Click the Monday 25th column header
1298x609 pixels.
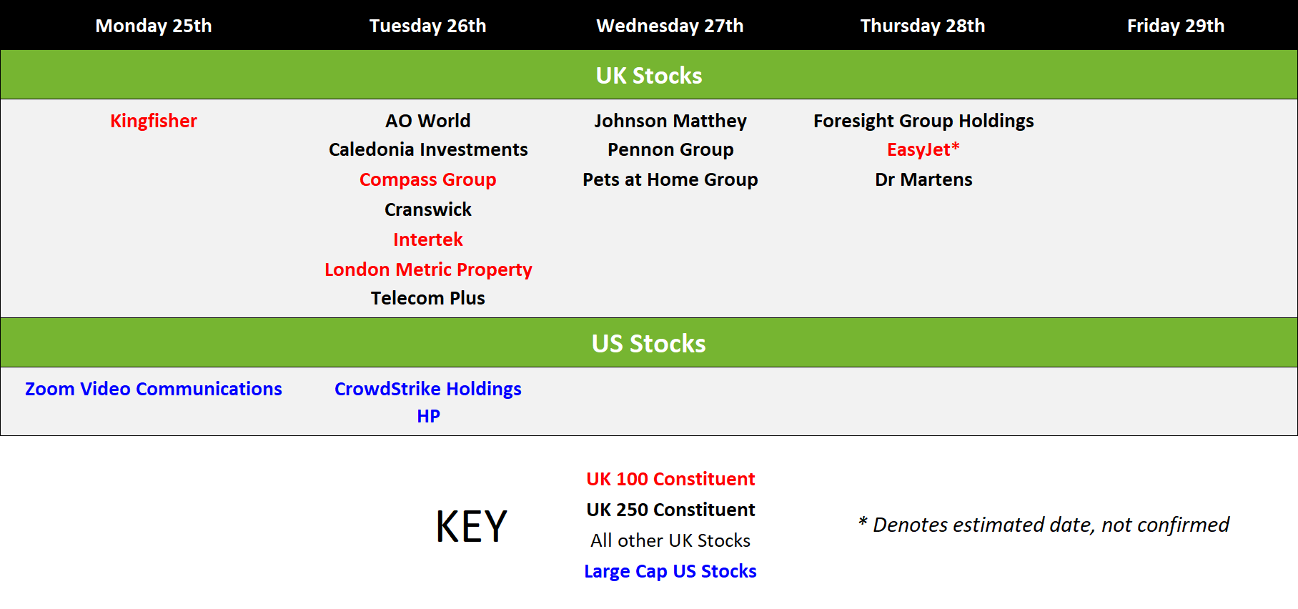pos(154,26)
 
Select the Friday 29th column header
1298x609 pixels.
pos(1176,26)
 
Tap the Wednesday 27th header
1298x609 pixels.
pos(670,26)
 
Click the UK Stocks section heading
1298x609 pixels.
pos(649,75)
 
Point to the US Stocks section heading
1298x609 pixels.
pos(649,343)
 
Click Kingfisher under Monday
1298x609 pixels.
pos(154,121)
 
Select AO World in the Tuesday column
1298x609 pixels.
pos(428,121)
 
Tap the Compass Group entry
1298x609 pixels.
pos(428,179)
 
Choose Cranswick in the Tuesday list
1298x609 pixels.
pos(428,209)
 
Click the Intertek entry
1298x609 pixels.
pos(428,239)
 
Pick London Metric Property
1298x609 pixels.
pos(428,269)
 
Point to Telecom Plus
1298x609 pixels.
pos(428,298)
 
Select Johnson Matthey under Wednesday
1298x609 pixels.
pos(670,121)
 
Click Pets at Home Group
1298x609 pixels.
pos(670,179)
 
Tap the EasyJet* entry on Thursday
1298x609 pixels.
pos(923,149)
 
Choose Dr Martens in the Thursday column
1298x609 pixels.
pos(923,179)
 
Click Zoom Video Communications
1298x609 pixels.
pos(154,389)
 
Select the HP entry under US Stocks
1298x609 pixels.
pos(428,416)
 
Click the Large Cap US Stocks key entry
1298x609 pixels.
pos(670,571)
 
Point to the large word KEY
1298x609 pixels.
pos(472,527)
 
